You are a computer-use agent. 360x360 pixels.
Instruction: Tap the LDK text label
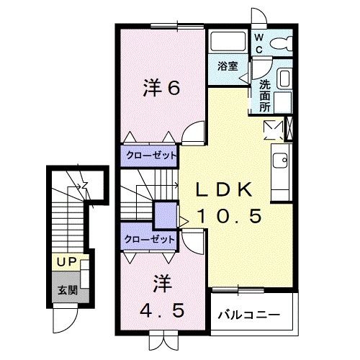(x=225, y=190)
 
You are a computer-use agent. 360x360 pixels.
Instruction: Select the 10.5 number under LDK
(x=225, y=215)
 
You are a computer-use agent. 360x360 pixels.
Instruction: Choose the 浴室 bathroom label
(x=229, y=66)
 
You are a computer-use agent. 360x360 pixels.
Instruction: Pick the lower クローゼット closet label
(x=150, y=240)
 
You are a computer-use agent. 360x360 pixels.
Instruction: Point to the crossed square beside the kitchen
(x=272, y=129)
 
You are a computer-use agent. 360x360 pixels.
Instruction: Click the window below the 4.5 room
(x=161, y=334)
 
